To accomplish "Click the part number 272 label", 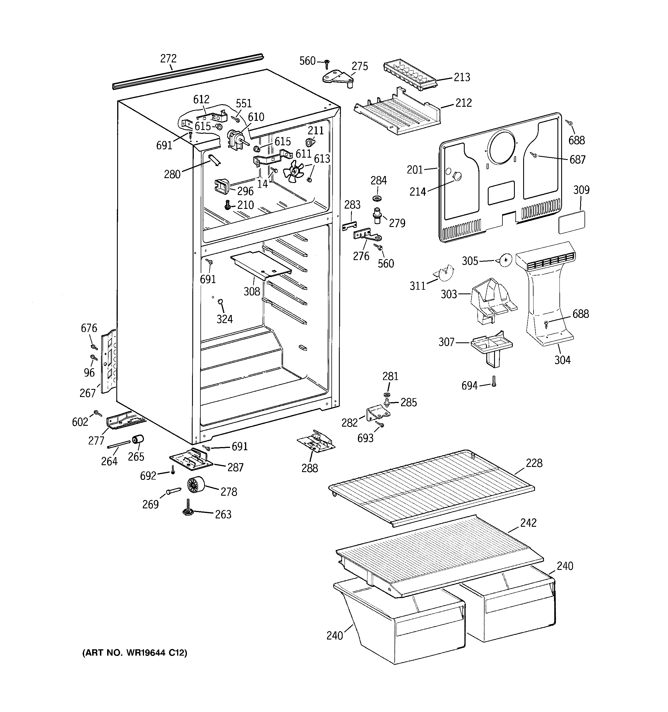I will pos(168,58).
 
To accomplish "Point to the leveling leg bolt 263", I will pos(187,510).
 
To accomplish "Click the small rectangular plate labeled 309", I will pos(572,222).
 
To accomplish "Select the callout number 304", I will pos(562,360).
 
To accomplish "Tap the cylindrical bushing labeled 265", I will pos(138,439).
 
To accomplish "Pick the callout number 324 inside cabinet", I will pos(225,319).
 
